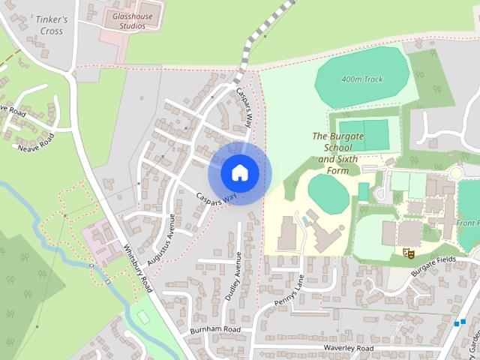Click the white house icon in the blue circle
coord(239,172)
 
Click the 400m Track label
coord(362,79)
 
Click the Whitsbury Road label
coord(138,268)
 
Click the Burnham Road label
coord(214,330)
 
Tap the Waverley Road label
coord(348,349)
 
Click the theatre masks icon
coord(409,253)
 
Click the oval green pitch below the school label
coord(328,196)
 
